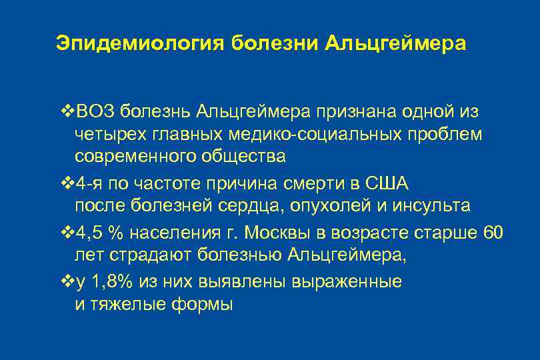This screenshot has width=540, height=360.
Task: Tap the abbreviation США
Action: [391, 183]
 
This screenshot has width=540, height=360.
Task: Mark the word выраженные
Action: [347, 281]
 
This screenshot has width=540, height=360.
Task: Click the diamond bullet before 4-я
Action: [65, 183]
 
